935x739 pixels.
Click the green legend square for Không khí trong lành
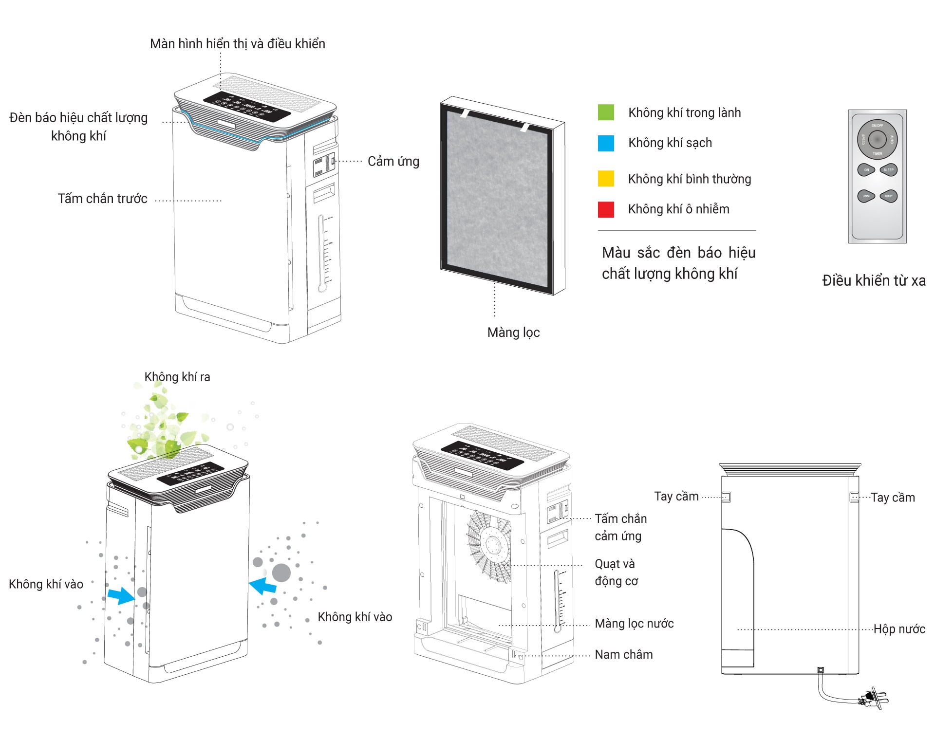point(606,112)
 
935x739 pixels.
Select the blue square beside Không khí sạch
point(606,143)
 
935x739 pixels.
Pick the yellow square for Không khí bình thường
point(606,179)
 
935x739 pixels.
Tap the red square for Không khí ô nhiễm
point(606,209)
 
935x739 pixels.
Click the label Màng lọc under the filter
point(513,333)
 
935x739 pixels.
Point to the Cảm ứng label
point(393,162)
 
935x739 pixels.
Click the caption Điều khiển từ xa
point(874,281)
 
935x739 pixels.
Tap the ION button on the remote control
point(866,170)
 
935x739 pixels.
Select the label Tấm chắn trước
point(102,199)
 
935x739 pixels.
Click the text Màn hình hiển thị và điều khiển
point(237,44)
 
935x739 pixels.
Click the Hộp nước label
point(899,629)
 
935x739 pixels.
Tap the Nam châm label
point(623,655)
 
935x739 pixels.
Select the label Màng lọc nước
point(634,624)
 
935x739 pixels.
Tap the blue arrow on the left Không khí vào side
point(120,595)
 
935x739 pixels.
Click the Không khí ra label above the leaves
point(177,377)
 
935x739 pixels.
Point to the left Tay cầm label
point(676,497)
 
